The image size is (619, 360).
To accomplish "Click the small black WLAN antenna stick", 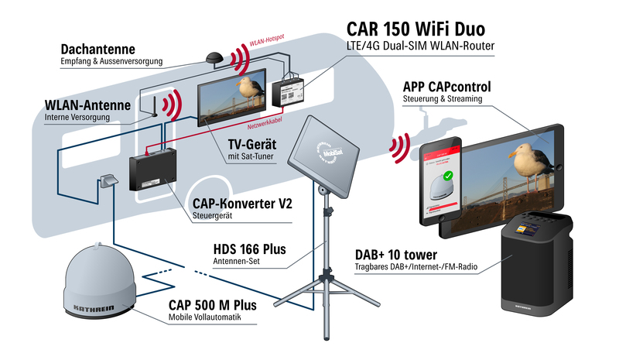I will [152, 106].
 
